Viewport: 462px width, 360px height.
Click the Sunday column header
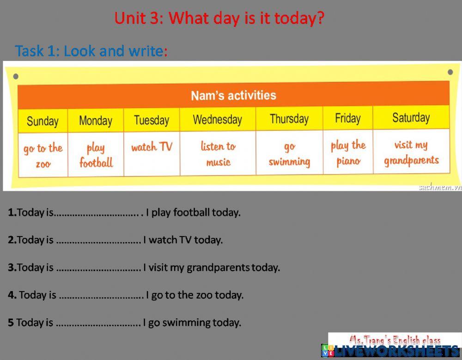click(x=43, y=121)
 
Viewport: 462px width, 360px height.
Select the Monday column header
click(x=96, y=121)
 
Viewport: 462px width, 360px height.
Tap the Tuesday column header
click(x=152, y=120)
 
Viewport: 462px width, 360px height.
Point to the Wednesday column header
click(x=217, y=120)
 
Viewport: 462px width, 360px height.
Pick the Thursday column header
click(x=289, y=119)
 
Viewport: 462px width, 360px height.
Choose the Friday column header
click(x=347, y=118)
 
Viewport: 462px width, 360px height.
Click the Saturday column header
click(x=411, y=117)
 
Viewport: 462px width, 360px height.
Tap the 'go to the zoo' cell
click(x=43, y=155)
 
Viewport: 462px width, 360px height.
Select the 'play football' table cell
click(x=96, y=155)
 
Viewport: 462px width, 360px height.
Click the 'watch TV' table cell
click(x=152, y=147)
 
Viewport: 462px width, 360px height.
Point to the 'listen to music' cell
click(x=218, y=153)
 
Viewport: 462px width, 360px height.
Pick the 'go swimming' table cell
click(x=289, y=153)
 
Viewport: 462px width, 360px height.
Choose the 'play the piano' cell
click(x=348, y=153)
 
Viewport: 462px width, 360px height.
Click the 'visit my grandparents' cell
click(x=411, y=152)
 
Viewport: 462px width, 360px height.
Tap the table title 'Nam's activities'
click(x=233, y=96)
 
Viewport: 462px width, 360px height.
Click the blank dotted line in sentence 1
click(x=97, y=214)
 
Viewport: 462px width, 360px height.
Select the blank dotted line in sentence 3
click(x=98, y=268)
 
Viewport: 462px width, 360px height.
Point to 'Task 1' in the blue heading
click(x=36, y=51)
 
